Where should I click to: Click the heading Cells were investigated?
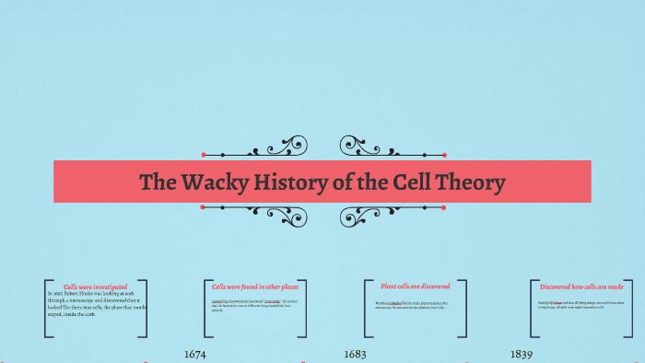pos(96,287)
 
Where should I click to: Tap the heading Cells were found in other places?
pos(254,287)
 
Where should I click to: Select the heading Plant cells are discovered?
pos(414,287)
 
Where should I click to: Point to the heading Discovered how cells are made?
pos(580,287)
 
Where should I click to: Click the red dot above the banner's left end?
pos(203,154)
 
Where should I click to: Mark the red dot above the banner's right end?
pos(444,154)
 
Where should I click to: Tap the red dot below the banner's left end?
pos(203,208)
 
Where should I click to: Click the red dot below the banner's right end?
pos(444,208)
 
